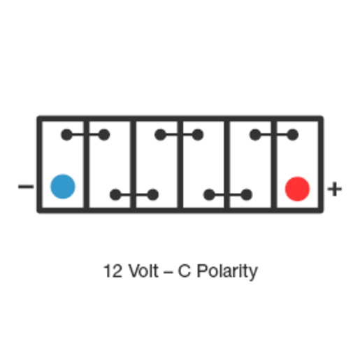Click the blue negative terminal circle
[x=63, y=187]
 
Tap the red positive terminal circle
[x=297, y=189]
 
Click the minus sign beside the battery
[x=26, y=187]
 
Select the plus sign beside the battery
[x=335, y=189]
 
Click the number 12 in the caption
[x=113, y=271]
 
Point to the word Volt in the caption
[x=144, y=271]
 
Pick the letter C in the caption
[x=185, y=271]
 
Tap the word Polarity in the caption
[x=227, y=272]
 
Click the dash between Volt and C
[x=168, y=272]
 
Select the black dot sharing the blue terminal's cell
[x=66, y=135]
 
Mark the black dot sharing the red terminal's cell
[x=293, y=135]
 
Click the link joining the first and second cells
[x=85, y=134]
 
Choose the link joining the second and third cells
[x=134, y=195]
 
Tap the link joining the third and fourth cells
[x=179, y=135]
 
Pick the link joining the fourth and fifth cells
[x=228, y=195]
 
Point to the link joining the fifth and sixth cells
[x=274, y=135]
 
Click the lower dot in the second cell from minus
[x=115, y=195]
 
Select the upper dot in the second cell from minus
[x=104, y=135]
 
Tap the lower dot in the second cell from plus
[x=247, y=195]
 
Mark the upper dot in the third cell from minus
[x=161, y=135]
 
